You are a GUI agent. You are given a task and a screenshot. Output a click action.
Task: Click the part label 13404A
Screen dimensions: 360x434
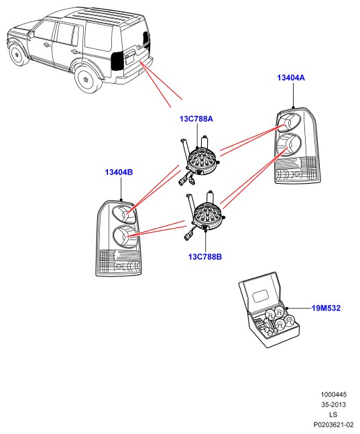pyautogui.click(x=291, y=78)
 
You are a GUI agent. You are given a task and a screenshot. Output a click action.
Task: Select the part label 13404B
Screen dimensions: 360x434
pyautogui.click(x=119, y=172)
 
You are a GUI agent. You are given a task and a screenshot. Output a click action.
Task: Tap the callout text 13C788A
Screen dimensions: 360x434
pyautogui.click(x=196, y=119)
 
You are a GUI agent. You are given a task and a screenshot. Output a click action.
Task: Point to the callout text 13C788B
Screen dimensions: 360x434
pyautogui.click(x=205, y=257)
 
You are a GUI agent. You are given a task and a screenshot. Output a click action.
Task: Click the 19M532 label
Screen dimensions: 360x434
pyautogui.click(x=326, y=308)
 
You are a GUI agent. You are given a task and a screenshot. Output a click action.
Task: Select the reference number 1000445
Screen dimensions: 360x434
pyautogui.click(x=333, y=394)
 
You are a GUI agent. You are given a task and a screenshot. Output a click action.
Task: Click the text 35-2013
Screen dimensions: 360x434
pyautogui.click(x=333, y=404)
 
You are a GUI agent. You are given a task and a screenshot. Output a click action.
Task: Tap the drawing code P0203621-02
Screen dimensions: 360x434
pyautogui.click(x=333, y=425)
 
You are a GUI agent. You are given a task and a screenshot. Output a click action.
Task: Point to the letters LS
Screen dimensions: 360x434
pyautogui.click(x=333, y=415)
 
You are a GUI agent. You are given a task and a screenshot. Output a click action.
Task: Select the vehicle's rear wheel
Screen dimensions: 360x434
pyautogui.click(x=87, y=79)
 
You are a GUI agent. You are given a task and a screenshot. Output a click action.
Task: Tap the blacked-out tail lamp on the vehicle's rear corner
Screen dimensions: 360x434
pyautogui.click(x=117, y=60)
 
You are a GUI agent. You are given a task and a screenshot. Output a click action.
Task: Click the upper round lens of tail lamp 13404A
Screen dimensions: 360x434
pyautogui.click(x=289, y=122)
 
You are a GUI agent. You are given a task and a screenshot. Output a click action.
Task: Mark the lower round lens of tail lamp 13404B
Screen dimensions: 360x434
pyautogui.click(x=125, y=237)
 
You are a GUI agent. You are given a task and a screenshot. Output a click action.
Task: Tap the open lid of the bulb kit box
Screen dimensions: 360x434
pyautogui.click(x=259, y=291)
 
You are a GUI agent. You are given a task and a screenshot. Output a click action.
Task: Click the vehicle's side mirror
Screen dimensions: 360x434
pyautogui.click(x=31, y=34)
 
